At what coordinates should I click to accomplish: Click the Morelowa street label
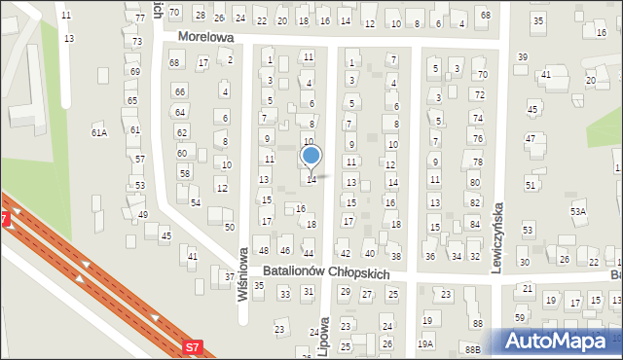click(207, 37)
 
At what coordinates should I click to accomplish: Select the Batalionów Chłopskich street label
click(326, 273)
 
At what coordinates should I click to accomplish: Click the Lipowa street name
click(324, 334)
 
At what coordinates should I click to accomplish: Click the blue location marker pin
click(311, 157)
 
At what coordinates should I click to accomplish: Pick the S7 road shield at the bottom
click(193, 345)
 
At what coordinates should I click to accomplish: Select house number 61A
click(98, 132)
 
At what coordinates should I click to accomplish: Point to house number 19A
click(425, 343)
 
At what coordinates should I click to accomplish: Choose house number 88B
click(473, 348)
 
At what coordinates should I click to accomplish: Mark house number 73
click(137, 42)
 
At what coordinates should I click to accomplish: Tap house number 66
click(180, 91)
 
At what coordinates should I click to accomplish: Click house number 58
click(184, 173)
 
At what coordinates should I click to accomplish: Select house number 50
click(230, 227)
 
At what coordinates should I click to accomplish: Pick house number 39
click(522, 57)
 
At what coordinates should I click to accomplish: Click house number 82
click(474, 201)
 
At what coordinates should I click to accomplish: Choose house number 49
click(142, 214)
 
